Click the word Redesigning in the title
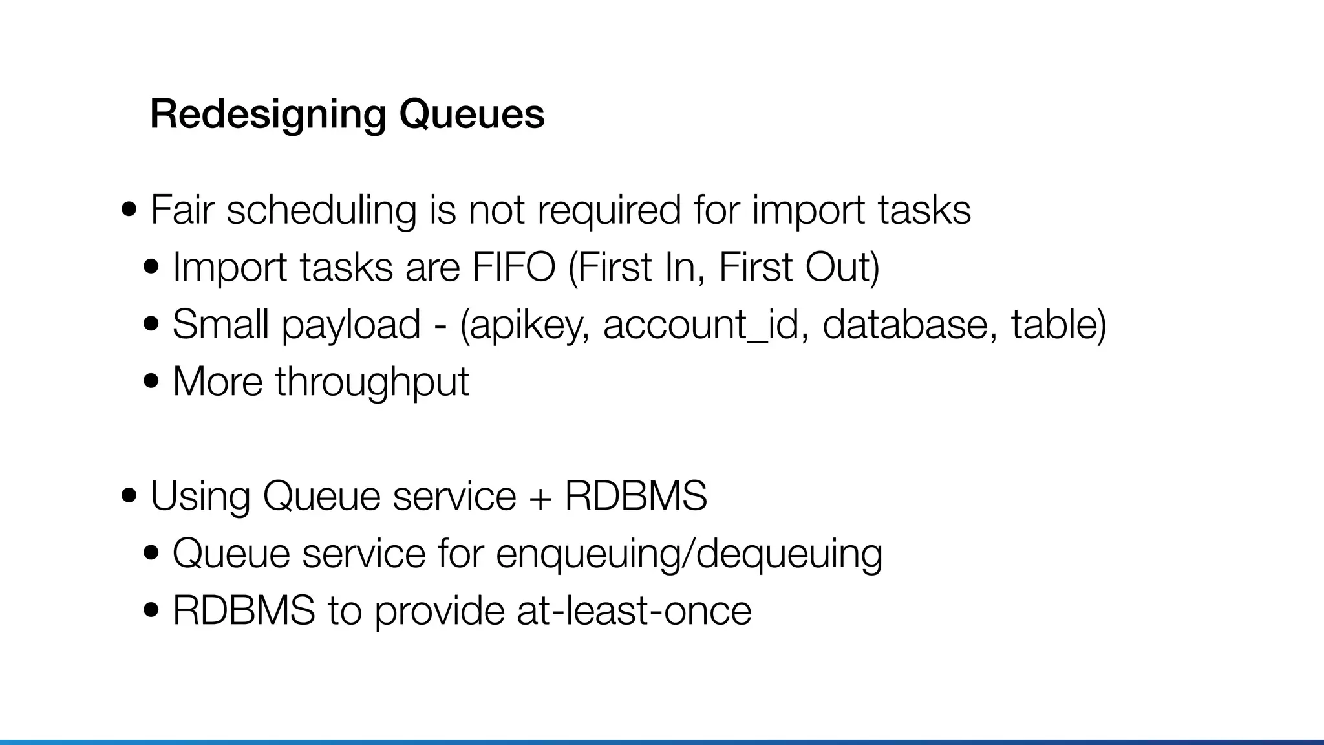(x=268, y=114)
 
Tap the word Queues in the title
(x=471, y=114)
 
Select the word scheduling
(x=321, y=211)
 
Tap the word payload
(x=351, y=325)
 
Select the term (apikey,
(x=524, y=325)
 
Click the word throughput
(x=372, y=382)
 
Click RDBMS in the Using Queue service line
(x=635, y=496)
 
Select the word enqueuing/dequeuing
(x=689, y=554)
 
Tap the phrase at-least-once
(x=634, y=610)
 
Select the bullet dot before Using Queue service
(x=129, y=496)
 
